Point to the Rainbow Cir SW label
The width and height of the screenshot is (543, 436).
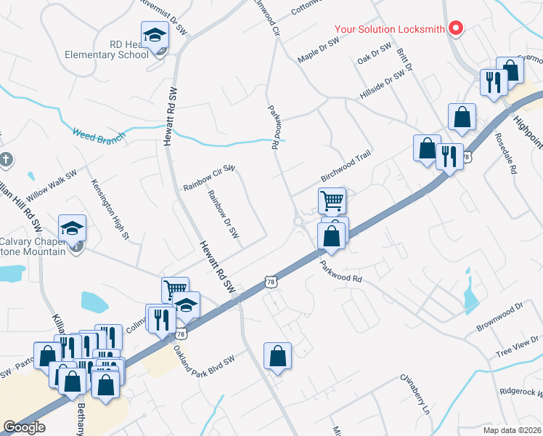209,178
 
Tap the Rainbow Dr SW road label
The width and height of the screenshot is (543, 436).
223,214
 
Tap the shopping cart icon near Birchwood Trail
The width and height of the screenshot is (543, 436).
332,200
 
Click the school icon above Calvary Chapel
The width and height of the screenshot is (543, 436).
72,228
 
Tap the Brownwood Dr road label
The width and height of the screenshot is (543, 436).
499,318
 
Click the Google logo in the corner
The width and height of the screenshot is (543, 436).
25,427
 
